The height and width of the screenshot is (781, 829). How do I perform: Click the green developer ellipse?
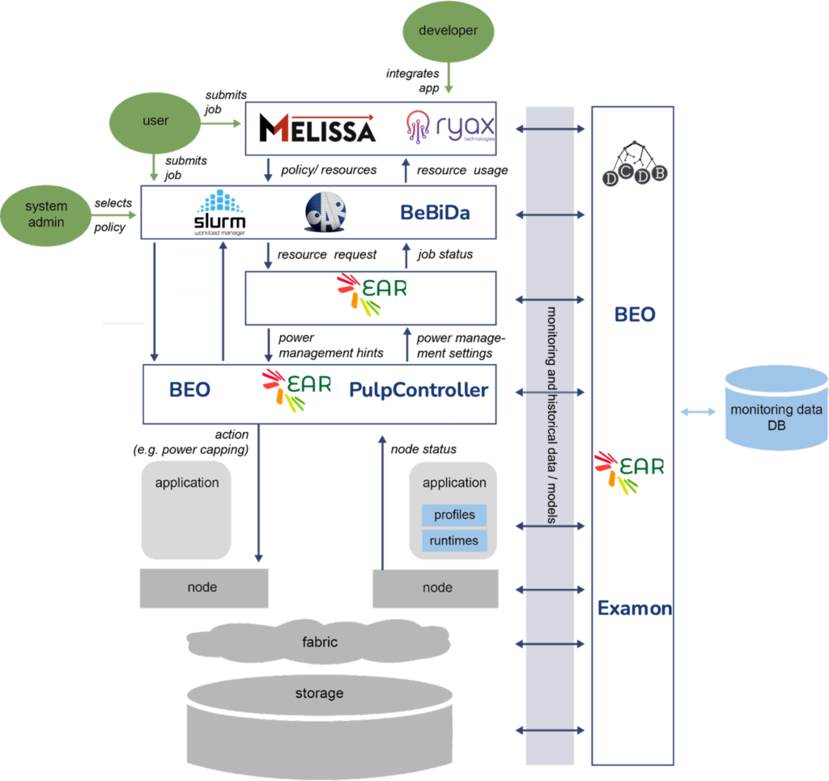point(448,32)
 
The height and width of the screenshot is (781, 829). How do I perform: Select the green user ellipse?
point(155,121)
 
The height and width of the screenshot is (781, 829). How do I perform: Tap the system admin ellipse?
point(45,214)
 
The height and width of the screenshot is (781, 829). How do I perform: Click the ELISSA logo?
point(325,129)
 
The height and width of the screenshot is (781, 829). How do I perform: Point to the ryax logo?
point(450,128)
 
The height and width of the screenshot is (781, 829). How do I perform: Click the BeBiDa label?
point(435,213)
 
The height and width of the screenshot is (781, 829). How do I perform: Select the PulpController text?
point(419,390)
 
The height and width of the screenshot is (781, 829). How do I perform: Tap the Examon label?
point(634,609)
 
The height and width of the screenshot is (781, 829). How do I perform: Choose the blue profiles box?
point(454,516)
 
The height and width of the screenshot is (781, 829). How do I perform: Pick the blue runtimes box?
point(454,541)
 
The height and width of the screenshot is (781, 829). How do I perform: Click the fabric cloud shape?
point(319,643)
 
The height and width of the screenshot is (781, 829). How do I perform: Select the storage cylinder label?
point(319,694)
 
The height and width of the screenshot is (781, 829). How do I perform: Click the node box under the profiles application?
point(436,588)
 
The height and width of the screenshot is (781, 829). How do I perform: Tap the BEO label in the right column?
point(634,315)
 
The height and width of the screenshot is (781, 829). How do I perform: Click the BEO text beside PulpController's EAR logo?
point(190,390)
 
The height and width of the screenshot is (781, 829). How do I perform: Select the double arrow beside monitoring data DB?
point(698,413)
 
